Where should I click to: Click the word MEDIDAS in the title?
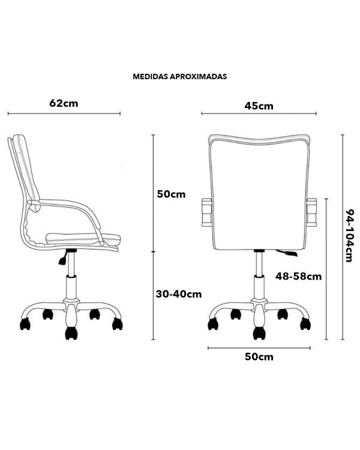tap(150, 77)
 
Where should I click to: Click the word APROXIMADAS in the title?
tap(198, 77)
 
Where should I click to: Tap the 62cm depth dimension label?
tap(64, 103)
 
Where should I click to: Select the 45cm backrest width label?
tap(259, 106)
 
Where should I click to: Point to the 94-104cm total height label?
tap(349, 236)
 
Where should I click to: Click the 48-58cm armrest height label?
tap(299, 277)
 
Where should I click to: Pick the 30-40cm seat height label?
tap(179, 294)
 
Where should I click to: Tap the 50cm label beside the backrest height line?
tap(171, 194)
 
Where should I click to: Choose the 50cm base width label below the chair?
tap(259, 357)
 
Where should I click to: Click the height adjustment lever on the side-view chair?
tap(63, 257)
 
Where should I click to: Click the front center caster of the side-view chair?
tap(71, 333)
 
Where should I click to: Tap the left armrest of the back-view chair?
tap(206, 212)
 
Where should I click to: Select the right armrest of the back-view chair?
tap(311, 212)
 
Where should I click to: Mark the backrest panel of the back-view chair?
tap(259, 192)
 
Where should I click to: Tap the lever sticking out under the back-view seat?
tap(287, 253)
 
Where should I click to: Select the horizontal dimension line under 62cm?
tap(64, 113)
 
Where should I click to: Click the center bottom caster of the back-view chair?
tap(259, 333)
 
